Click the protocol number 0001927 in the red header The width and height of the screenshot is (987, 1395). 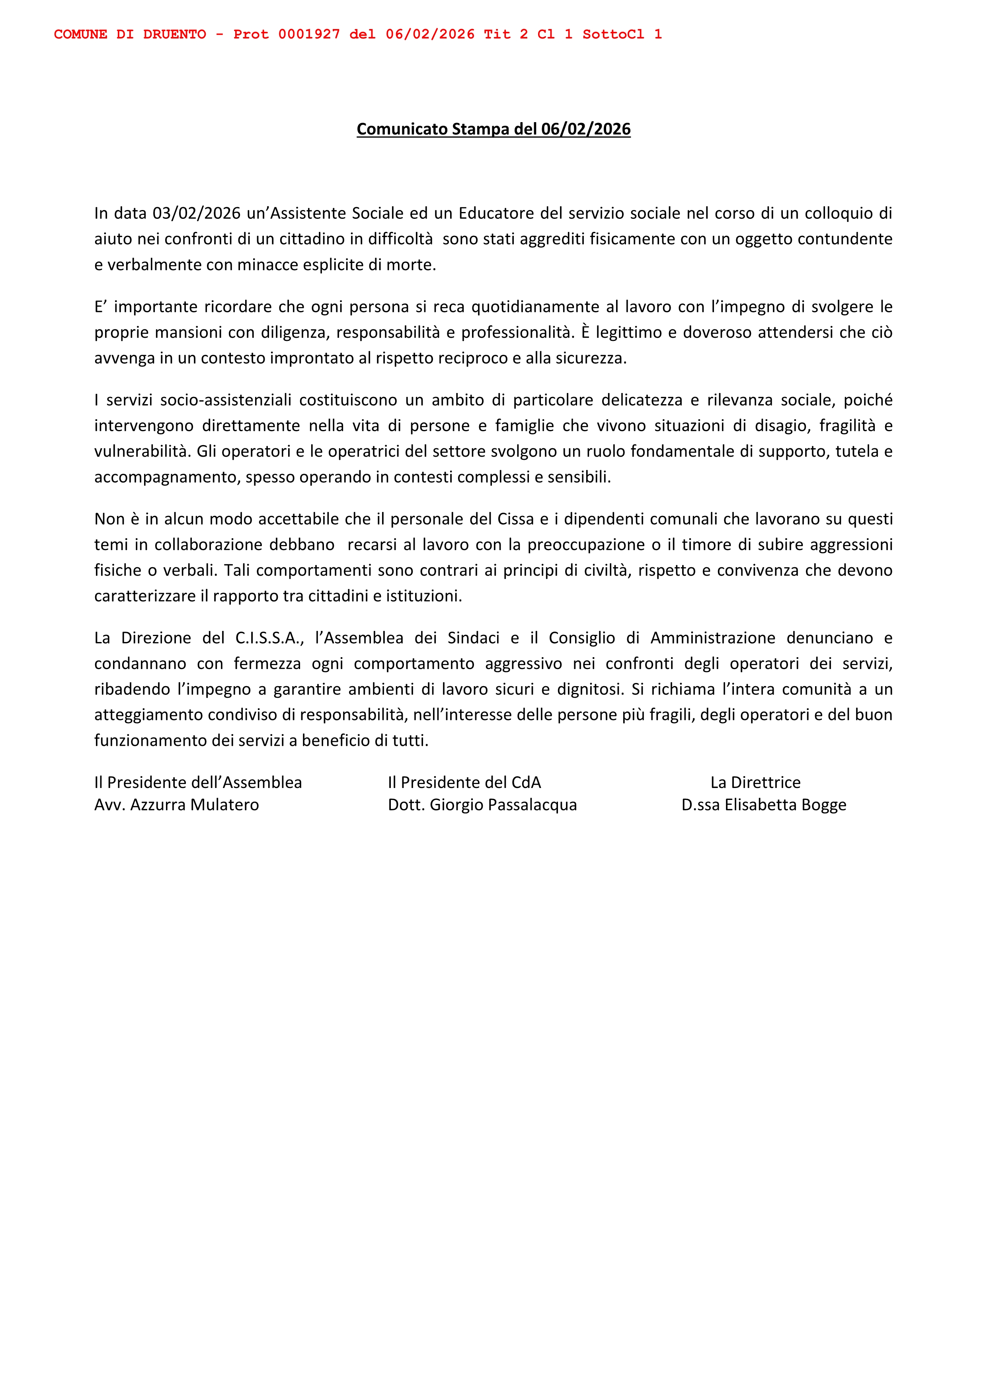pyautogui.click(x=309, y=35)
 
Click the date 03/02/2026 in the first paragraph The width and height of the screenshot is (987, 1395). pyautogui.click(x=196, y=213)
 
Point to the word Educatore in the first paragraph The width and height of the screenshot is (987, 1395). pyautogui.click(x=496, y=213)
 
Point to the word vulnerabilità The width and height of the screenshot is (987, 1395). pyautogui.click(x=143, y=451)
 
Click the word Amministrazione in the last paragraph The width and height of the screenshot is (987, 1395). pyautogui.click(x=712, y=638)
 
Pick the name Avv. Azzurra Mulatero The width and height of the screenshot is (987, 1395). pyautogui.click(x=176, y=805)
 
